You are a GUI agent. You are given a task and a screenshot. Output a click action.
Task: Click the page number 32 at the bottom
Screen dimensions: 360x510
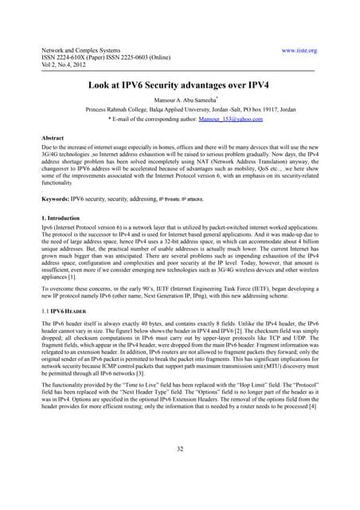pos(179,471)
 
